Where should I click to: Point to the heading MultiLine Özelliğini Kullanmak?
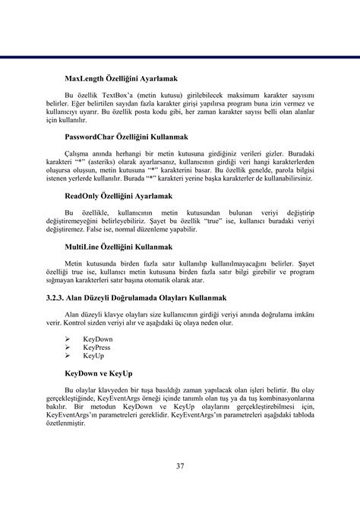[x=119, y=247]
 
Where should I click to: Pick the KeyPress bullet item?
[x=97, y=348]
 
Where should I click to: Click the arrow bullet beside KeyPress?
[x=68, y=348]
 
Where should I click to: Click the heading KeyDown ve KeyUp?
[x=99, y=374]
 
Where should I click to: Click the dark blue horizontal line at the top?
[x=180, y=56]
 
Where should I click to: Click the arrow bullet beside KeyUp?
[x=68, y=355]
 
